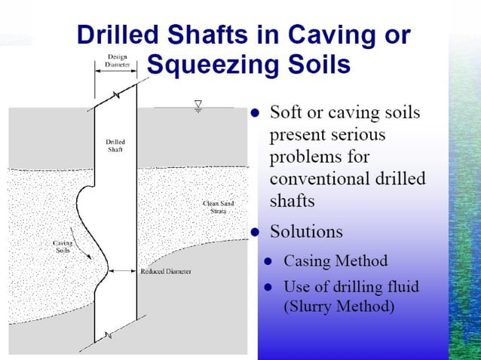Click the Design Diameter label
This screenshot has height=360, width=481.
(x=116, y=61)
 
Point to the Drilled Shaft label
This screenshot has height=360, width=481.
(x=115, y=145)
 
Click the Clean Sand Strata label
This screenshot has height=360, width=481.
(x=218, y=206)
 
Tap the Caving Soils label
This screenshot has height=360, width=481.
(x=63, y=247)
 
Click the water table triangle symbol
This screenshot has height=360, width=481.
(x=199, y=104)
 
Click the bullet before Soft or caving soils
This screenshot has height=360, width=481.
(x=256, y=114)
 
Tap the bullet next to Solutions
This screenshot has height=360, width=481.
(x=256, y=230)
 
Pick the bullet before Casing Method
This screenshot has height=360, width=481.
(x=268, y=262)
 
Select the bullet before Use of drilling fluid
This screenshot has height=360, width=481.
(x=268, y=286)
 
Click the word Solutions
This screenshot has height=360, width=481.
(x=306, y=230)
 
